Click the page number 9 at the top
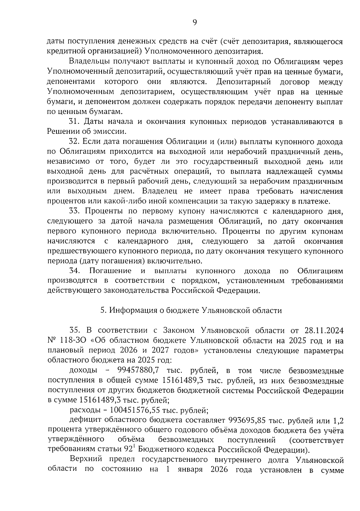(x=194, y=23)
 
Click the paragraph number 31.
(x=74, y=122)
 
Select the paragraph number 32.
(x=74, y=142)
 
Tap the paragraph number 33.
(x=74, y=211)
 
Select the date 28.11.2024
(x=323, y=330)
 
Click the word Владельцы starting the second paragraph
(x=91, y=62)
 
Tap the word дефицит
(x=85, y=420)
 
